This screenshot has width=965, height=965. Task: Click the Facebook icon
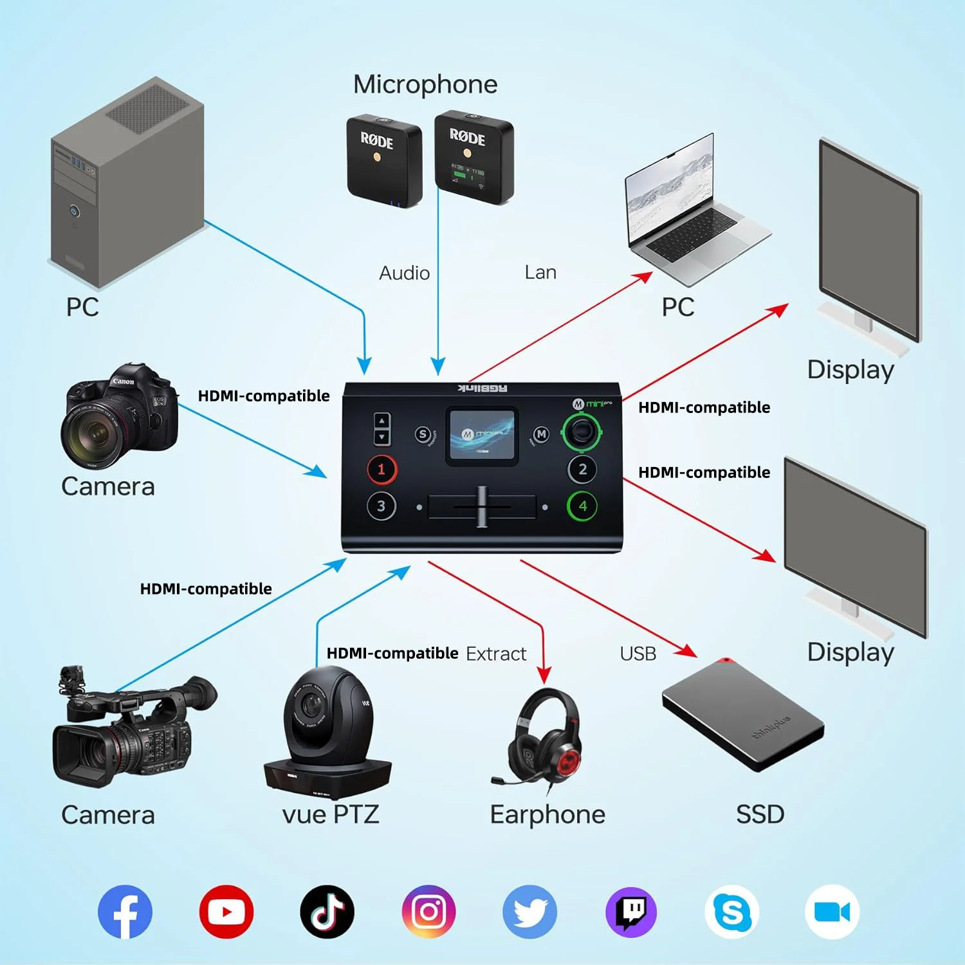click(125, 912)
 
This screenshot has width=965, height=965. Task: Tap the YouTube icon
click(226, 912)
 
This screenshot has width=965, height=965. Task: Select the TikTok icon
click(327, 912)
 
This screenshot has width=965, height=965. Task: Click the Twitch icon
click(631, 912)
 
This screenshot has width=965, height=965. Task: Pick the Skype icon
click(732, 912)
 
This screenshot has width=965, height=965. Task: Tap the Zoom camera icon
click(832, 912)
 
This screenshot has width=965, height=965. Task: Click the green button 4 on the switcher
click(582, 506)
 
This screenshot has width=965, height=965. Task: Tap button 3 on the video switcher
click(381, 506)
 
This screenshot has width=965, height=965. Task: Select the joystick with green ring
click(582, 431)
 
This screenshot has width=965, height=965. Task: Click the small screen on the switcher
click(482, 436)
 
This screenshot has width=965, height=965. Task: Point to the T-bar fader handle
click(482, 506)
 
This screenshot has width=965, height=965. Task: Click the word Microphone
click(425, 84)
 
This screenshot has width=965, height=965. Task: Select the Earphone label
click(547, 814)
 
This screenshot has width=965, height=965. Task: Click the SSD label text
click(760, 814)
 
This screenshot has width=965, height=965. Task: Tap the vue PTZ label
click(331, 814)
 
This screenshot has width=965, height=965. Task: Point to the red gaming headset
click(546, 740)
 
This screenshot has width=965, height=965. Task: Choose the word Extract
click(496, 654)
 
